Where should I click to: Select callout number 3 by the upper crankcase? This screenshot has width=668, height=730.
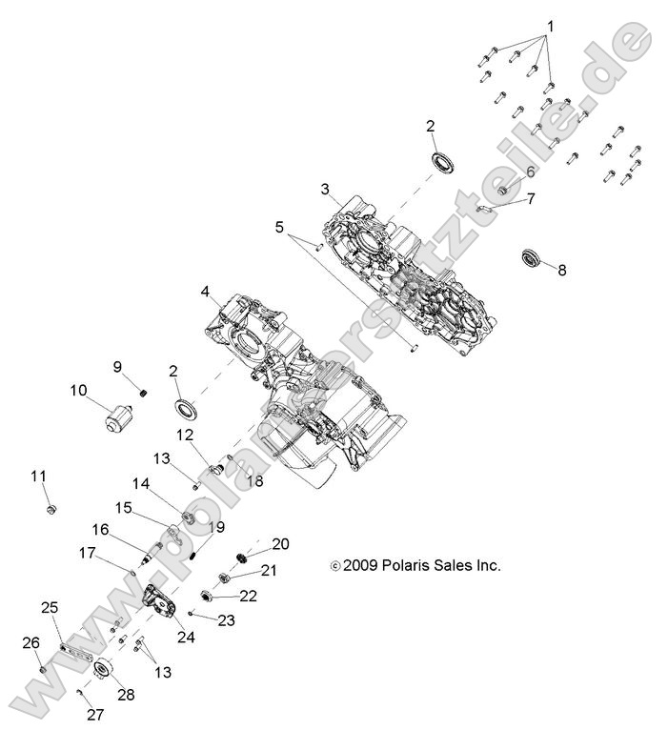(325, 190)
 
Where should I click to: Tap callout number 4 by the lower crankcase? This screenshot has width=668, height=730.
(205, 291)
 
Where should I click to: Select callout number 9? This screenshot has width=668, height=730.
(118, 366)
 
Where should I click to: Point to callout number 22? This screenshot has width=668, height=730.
(248, 596)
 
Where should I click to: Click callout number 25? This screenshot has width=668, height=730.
(50, 607)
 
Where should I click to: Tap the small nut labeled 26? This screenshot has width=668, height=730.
(43, 672)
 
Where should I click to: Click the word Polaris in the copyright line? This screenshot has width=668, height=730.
(409, 565)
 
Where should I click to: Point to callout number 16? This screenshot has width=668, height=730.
(100, 530)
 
